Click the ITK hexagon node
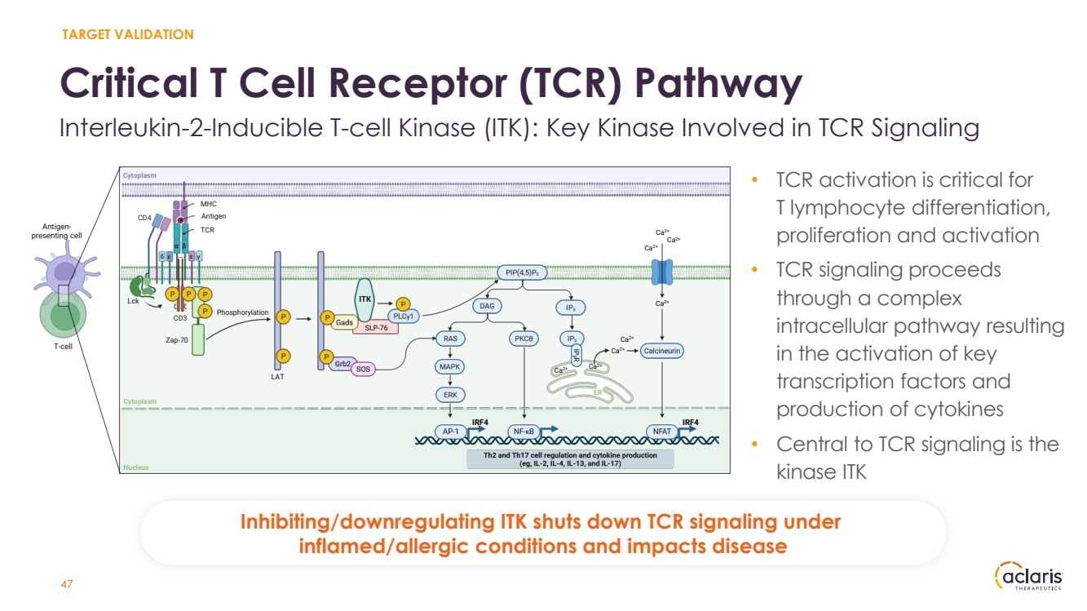(365, 299)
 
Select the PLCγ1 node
(402, 317)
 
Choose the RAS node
(450, 338)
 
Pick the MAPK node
(450, 366)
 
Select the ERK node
(450, 395)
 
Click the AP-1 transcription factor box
(449, 431)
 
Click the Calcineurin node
(661, 350)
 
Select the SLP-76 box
(376, 328)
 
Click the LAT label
(277, 377)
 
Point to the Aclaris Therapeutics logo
(1029, 578)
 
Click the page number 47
(68, 584)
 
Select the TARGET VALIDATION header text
(127, 34)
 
